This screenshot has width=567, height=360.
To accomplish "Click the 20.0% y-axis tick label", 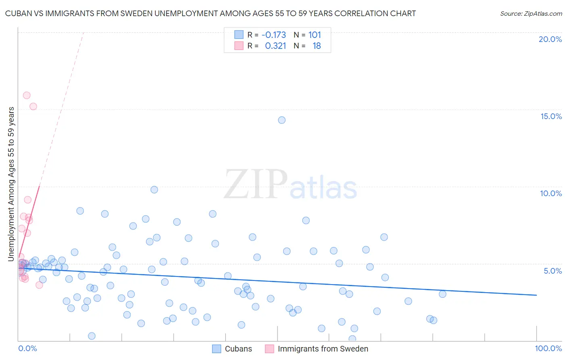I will [x=550, y=39].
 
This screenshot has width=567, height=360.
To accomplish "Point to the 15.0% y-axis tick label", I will [x=551, y=116].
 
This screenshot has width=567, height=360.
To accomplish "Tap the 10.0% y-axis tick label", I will [x=551, y=193].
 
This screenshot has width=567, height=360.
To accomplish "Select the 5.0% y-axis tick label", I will [x=552, y=271].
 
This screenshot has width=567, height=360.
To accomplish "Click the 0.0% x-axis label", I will [x=27, y=348].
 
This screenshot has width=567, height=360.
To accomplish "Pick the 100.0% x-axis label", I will [x=548, y=348].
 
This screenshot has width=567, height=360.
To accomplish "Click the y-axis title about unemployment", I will [x=11, y=184].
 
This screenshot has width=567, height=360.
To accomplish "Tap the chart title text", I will [x=210, y=13].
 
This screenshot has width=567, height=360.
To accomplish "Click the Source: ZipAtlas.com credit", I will [x=531, y=13].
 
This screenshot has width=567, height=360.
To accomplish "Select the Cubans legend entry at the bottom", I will [x=232, y=349].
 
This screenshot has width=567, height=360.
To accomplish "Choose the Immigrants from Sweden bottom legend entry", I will [x=317, y=349].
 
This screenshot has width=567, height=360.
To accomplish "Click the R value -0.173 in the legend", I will [x=273, y=35].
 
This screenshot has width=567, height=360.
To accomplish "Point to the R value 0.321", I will [x=275, y=46].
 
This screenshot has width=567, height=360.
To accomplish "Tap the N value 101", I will [x=315, y=35].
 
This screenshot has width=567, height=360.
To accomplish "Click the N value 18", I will [x=317, y=46].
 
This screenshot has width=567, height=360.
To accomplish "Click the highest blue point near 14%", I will [x=282, y=120].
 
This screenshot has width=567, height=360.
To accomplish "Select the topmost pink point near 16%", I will [x=27, y=95].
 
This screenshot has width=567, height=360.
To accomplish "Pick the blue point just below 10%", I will [x=154, y=190].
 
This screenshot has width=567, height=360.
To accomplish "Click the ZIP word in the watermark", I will [x=256, y=184].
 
